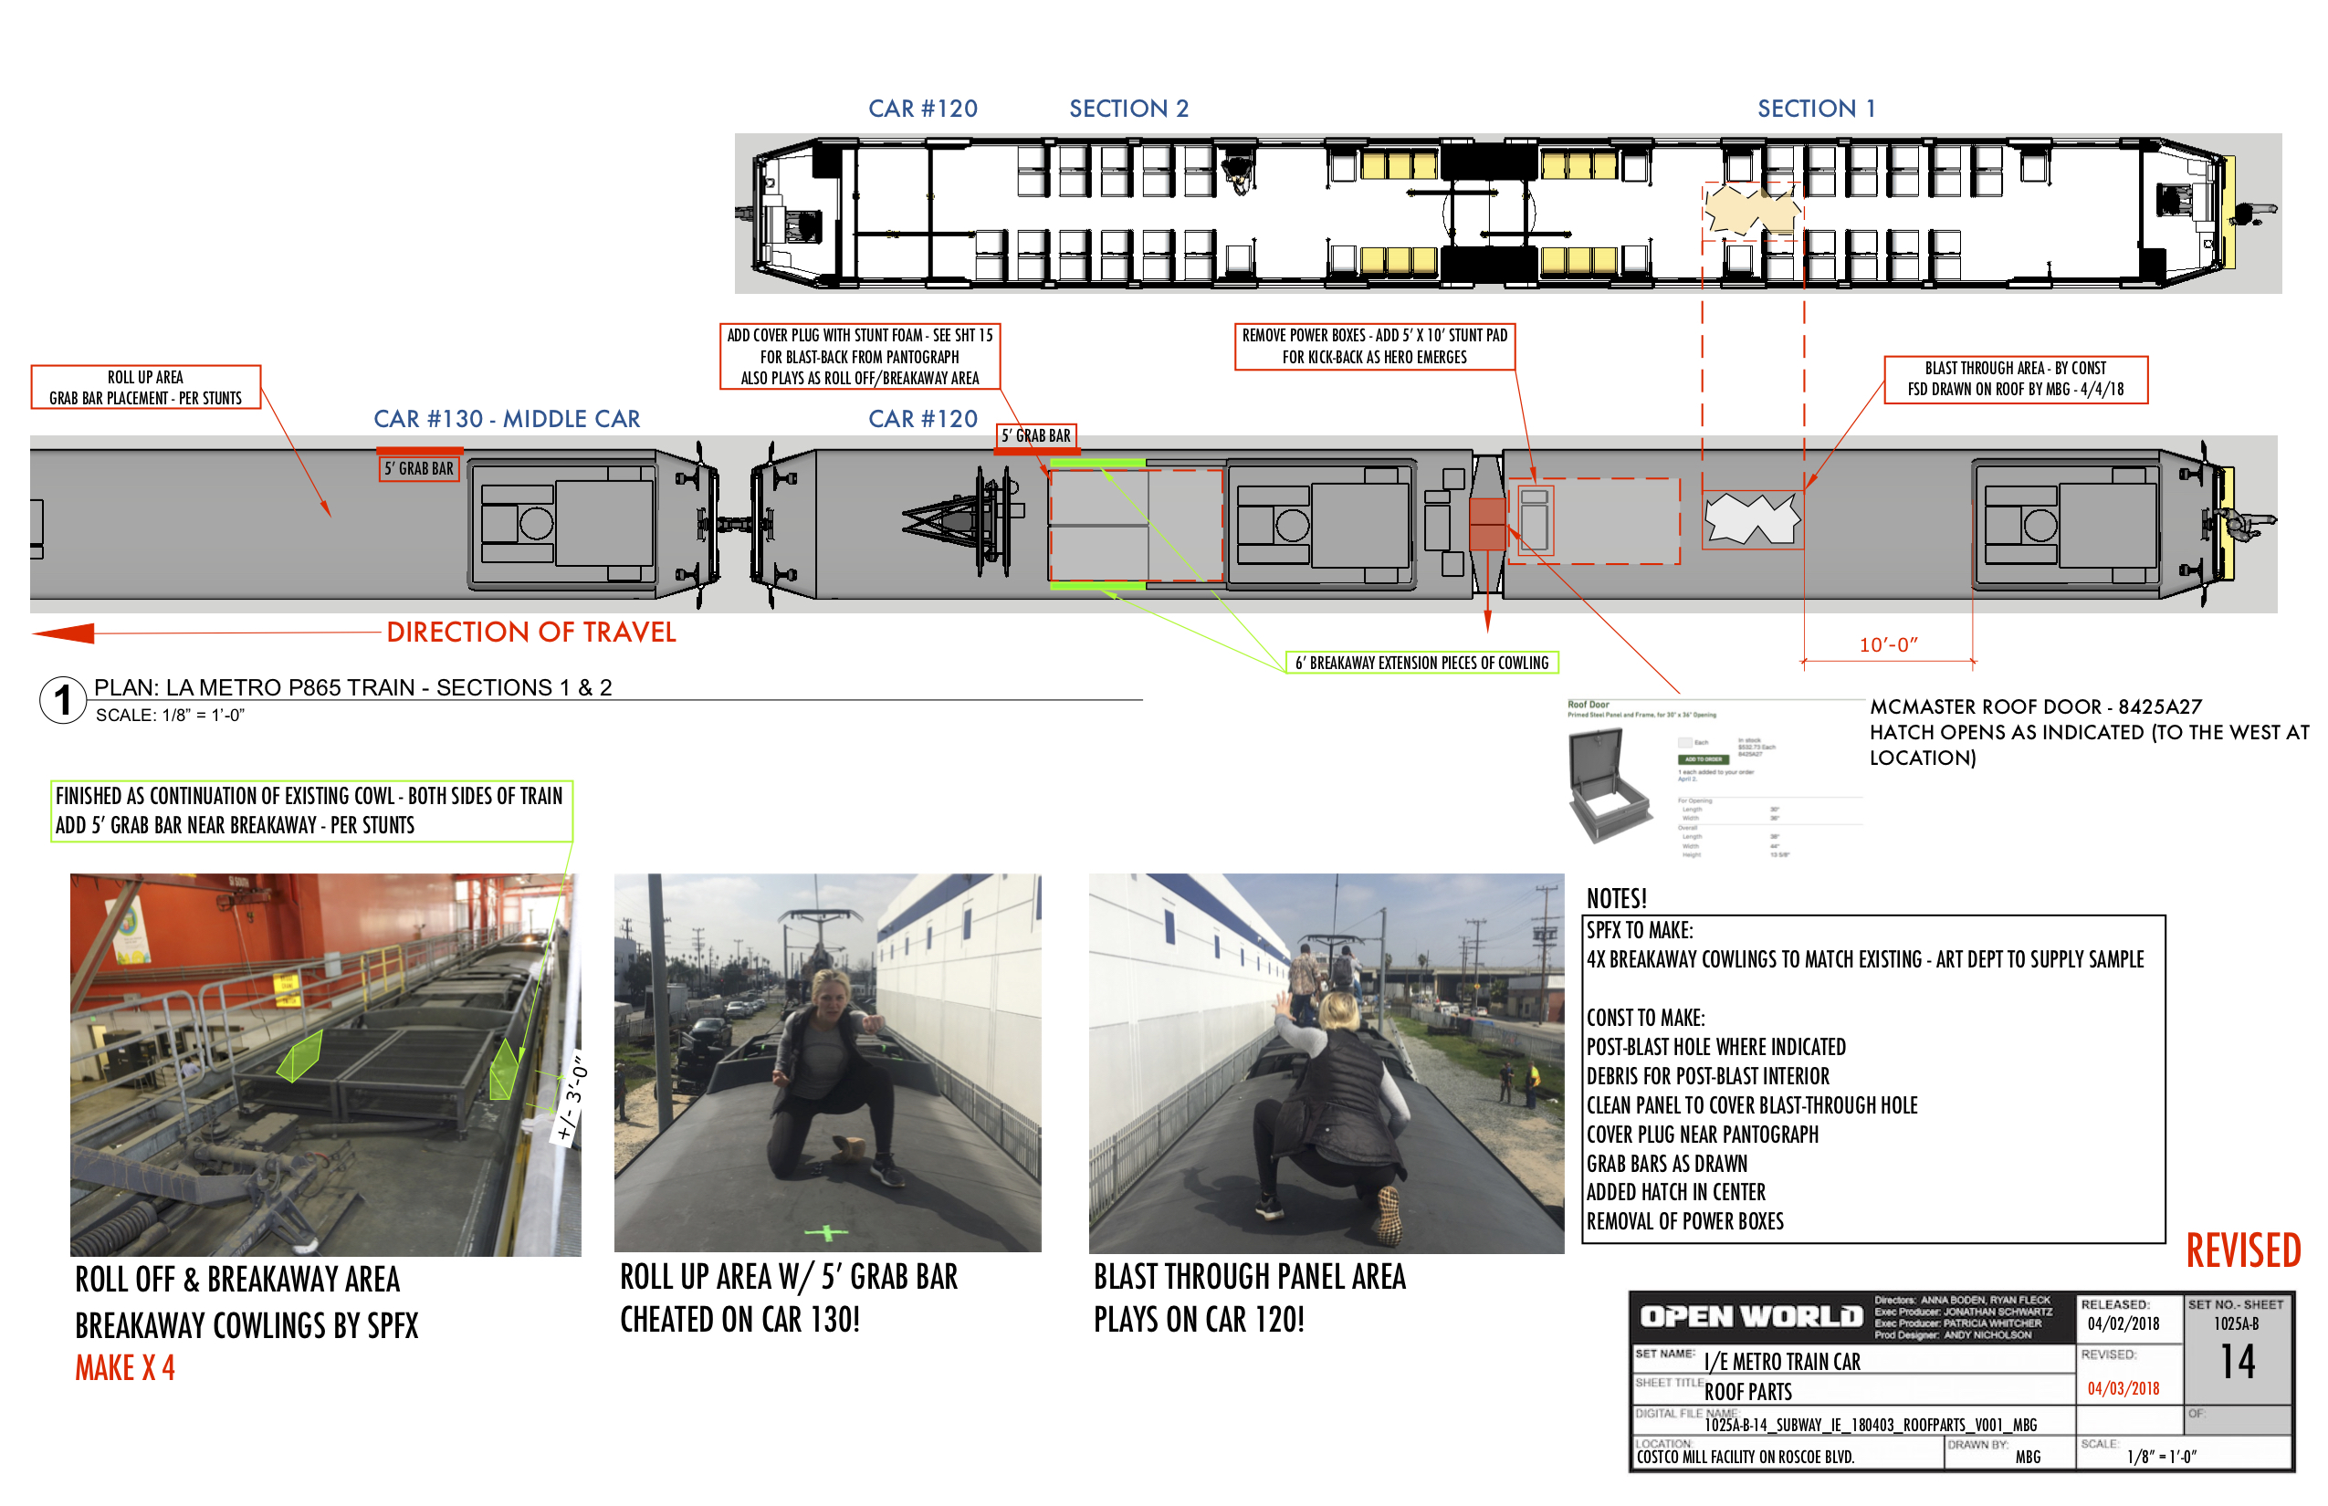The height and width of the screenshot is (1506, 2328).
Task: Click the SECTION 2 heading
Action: coord(1128,109)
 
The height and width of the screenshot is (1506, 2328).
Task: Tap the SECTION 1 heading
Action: coord(1817,109)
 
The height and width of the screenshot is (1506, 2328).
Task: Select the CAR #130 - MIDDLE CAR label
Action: coord(507,420)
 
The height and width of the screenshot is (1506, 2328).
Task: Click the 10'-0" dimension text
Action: coord(1888,645)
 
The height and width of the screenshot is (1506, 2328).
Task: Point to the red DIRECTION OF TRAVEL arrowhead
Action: coord(65,633)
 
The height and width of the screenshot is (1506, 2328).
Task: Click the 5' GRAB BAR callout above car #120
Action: coord(1036,436)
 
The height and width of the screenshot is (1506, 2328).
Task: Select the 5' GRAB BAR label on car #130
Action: coord(419,469)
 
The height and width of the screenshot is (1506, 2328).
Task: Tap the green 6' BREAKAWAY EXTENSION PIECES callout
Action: coord(1421,663)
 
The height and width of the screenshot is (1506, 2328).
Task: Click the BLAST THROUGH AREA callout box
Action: coord(2015,380)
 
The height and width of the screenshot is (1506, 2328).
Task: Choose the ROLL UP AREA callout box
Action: coord(146,387)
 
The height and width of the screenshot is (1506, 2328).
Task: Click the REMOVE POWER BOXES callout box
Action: coord(1374,346)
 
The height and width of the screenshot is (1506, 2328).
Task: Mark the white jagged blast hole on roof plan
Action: coord(1751,518)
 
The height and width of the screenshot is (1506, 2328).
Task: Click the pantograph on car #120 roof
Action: coord(963,521)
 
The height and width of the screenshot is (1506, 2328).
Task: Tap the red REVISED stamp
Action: coord(2242,1250)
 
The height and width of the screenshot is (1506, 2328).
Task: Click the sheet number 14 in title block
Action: coord(2237,1361)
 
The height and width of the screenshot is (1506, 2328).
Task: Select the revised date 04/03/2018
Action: coord(2123,1388)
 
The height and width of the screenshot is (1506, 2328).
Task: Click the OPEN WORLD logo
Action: coord(1751,1317)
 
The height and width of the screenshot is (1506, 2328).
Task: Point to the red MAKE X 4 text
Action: coord(125,1368)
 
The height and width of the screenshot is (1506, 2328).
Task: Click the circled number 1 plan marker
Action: coord(63,700)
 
